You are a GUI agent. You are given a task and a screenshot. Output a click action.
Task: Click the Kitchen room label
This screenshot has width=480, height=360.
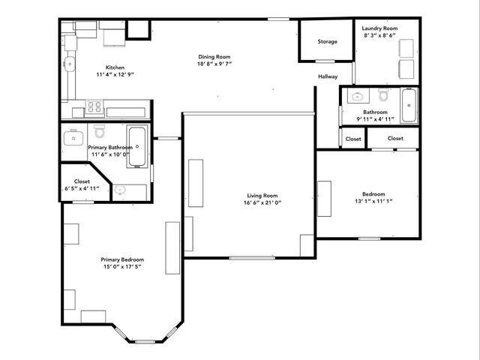(x=115, y=67)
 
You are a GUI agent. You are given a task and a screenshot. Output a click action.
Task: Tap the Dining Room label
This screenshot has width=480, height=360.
(x=214, y=56)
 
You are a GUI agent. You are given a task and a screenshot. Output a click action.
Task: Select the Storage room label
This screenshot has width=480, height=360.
(x=327, y=41)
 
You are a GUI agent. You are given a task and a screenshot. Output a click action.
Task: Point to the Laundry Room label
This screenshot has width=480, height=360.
(x=380, y=28)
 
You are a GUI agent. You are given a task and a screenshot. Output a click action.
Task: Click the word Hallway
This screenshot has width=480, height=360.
(x=328, y=76)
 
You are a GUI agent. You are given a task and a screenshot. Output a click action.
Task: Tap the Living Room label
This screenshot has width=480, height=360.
(x=262, y=196)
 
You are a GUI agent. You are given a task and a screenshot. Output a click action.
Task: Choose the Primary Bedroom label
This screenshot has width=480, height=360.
(x=121, y=259)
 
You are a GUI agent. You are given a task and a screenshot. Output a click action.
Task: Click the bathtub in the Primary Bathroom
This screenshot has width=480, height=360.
(x=136, y=147)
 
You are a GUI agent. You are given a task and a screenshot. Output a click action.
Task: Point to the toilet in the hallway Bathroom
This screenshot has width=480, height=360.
(x=383, y=96)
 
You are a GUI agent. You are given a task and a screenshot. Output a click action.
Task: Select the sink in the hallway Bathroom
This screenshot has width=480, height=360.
(x=358, y=97)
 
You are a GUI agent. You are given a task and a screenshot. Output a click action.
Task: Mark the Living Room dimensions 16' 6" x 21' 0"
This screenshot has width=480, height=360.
(x=262, y=202)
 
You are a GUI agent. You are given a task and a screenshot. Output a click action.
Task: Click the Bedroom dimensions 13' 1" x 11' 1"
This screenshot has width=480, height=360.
(x=373, y=200)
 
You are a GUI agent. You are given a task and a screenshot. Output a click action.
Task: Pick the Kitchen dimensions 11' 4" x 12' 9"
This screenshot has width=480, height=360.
(x=115, y=74)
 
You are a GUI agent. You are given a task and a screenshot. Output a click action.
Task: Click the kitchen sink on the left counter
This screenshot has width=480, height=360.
(x=69, y=64)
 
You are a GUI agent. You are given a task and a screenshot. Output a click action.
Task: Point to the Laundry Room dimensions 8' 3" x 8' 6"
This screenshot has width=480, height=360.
(x=380, y=34)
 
